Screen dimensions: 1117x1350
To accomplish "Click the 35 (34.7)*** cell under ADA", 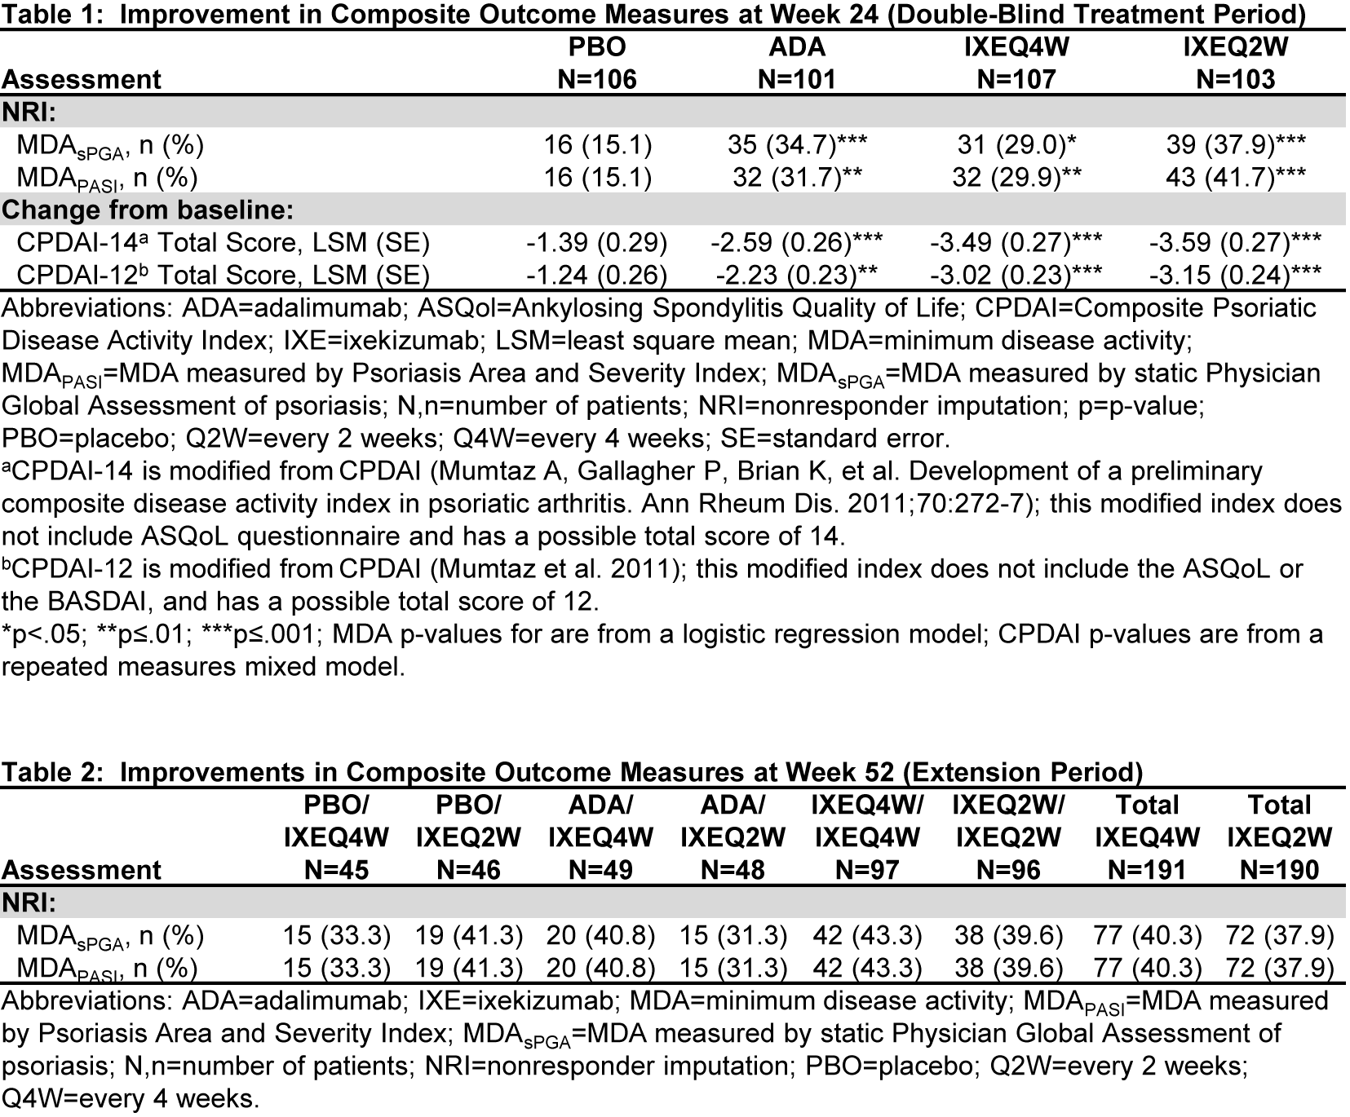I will coord(797,145).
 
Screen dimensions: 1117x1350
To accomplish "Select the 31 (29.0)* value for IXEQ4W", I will coord(1016,145).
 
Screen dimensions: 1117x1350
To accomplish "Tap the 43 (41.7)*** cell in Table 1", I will coord(1235,178).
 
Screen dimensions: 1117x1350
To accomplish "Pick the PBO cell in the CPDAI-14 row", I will coord(597,243).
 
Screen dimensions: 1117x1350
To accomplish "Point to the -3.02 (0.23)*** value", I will coord(1016,276).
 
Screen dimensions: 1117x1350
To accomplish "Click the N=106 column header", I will coord(597,79).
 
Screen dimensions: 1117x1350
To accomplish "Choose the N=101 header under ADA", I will coord(797,79).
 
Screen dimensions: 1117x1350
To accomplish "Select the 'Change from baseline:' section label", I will coord(148,210).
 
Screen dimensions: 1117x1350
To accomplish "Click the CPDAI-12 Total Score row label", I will coord(223,276).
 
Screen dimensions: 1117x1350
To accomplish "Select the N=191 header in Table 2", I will coord(1147,870).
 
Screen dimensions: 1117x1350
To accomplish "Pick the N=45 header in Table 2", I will coord(336,870).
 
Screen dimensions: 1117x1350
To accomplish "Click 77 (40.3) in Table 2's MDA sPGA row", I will coord(1147,935).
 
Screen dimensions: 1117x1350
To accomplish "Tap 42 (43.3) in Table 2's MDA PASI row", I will coord(866,968).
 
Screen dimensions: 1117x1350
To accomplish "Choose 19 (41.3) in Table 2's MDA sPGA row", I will coord(468,935).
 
